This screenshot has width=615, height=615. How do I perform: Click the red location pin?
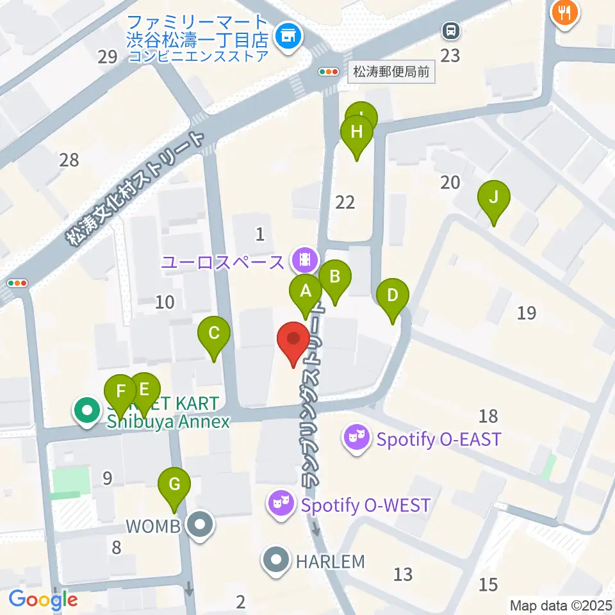click(x=293, y=339)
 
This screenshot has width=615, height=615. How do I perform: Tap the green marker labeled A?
click(x=306, y=292)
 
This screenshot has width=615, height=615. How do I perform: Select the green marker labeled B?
click(x=334, y=277)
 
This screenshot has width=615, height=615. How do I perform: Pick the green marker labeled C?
click(x=214, y=334)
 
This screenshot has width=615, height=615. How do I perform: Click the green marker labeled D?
click(x=393, y=297)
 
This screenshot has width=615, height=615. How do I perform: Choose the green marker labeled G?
click(x=174, y=484)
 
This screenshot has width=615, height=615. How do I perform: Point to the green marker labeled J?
click(x=493, y=197)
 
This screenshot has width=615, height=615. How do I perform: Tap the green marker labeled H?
click(x=357, y=133)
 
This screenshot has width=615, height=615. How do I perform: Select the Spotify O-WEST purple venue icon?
click(x=283, y=504)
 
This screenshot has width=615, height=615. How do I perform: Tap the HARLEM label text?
click(x=330, y=562)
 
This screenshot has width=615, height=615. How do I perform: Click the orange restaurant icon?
click(x=564, y=12)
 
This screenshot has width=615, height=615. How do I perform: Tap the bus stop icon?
click(x=451, y=29)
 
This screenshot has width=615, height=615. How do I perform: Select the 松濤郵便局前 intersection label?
click(x=391, y=72)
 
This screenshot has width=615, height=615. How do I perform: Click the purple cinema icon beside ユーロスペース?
click(x=304, y=259)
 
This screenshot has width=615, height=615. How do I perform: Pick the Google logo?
click(x=43, y=600)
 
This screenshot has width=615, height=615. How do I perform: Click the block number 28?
click(x=69, y=160)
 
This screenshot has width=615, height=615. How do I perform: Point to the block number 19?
click(x=527, y=313)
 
